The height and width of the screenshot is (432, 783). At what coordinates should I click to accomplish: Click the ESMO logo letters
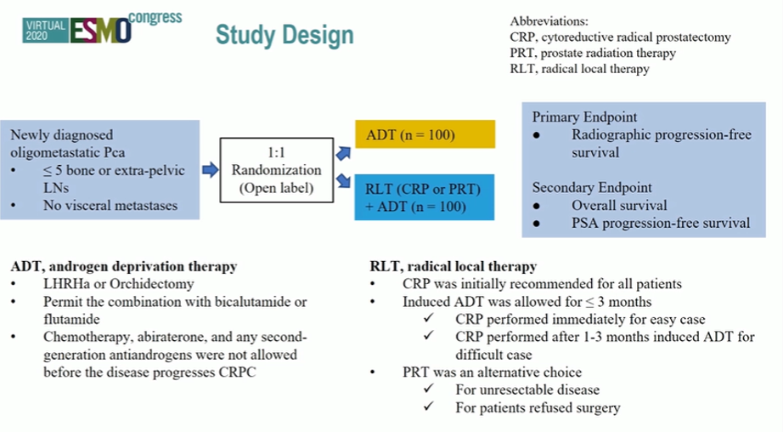pos(100,31)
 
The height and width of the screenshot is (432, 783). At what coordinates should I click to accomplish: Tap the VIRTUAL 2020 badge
pos(45,31)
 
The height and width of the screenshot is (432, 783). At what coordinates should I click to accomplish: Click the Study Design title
pos(284,35)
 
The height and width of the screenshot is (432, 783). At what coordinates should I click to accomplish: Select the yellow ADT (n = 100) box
pos(425,134)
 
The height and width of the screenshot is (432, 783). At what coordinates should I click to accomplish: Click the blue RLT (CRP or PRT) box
pos(425,197)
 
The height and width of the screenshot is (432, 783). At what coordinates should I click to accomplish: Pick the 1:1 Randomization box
pos(277,170)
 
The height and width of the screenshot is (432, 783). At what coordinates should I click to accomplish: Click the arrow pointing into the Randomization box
pos(211,170)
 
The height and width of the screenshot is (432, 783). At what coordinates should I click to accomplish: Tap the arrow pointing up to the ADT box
pos(344,153)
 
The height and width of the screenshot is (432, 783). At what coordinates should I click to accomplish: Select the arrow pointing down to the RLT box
pos(344,180)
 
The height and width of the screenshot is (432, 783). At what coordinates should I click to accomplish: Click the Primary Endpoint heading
pos(584,117)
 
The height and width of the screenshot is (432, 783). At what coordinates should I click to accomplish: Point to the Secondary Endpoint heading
pos(592,187)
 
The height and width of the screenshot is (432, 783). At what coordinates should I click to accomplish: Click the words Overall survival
pos(619,206)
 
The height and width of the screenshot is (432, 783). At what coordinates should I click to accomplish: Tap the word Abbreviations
pos(549,21)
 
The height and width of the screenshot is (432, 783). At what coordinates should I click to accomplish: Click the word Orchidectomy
pos(152,284)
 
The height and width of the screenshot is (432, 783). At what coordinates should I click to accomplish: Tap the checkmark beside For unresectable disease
pos(429,388)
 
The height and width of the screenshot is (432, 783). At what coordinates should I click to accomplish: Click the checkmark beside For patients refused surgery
pos(429,406)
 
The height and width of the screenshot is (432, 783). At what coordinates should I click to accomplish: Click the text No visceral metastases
pos(110,206)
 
